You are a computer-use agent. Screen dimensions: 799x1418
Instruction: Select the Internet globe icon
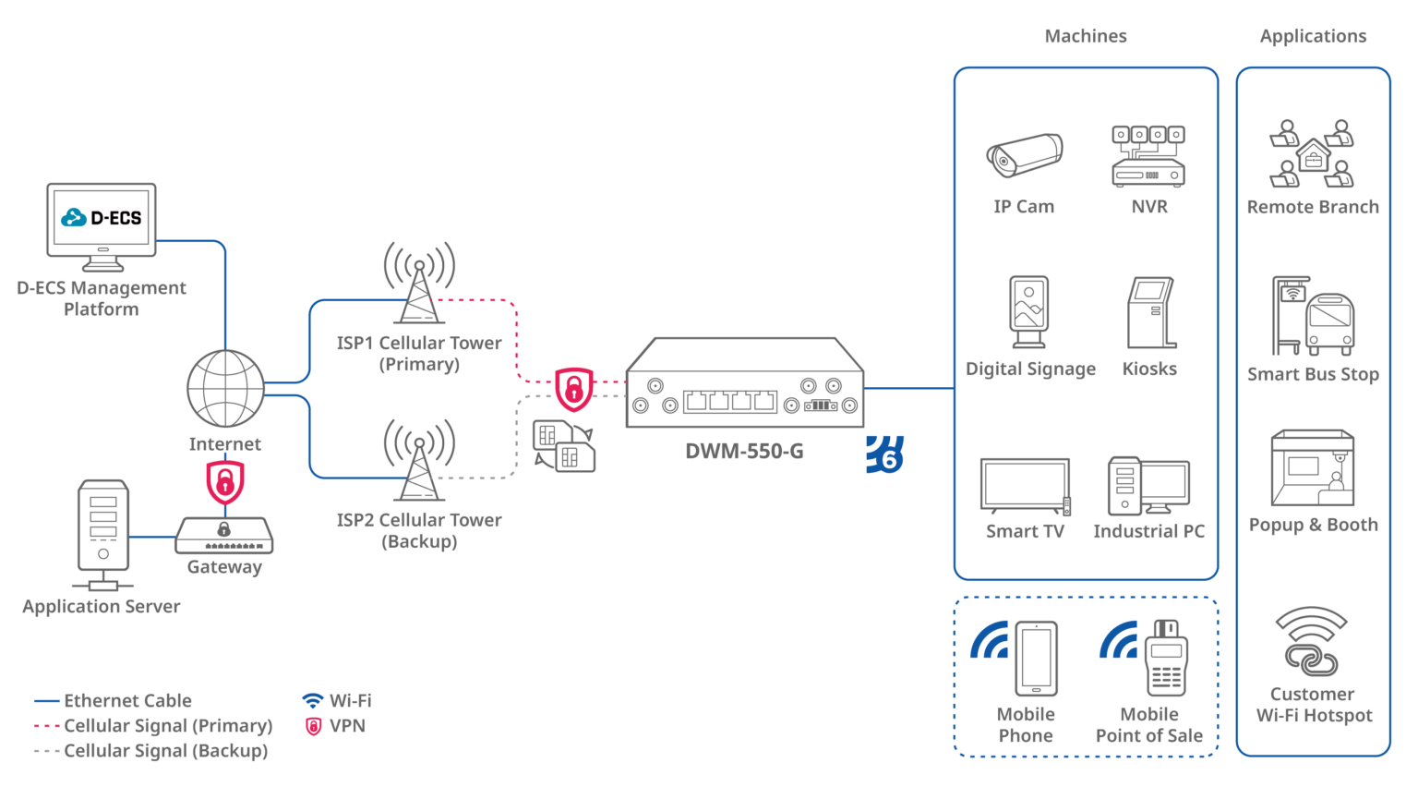point(225,388)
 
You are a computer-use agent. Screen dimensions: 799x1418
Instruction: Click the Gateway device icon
point(224,535)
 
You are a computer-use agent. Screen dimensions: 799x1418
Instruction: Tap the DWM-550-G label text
point(744,452)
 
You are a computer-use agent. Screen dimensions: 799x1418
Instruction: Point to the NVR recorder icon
point(1148,157)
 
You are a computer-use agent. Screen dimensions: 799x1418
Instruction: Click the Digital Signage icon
point(1028,313)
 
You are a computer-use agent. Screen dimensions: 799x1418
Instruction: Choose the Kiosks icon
point(1150,314)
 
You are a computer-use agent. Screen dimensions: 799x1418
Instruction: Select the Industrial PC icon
point(1148,486)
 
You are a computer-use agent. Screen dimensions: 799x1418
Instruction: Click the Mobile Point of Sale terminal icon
point(1166,658)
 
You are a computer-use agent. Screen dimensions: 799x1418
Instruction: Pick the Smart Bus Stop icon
point(1313,317)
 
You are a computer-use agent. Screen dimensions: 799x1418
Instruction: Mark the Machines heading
point(1085,37)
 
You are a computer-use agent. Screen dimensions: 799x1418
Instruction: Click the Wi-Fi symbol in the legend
point(313,701)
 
